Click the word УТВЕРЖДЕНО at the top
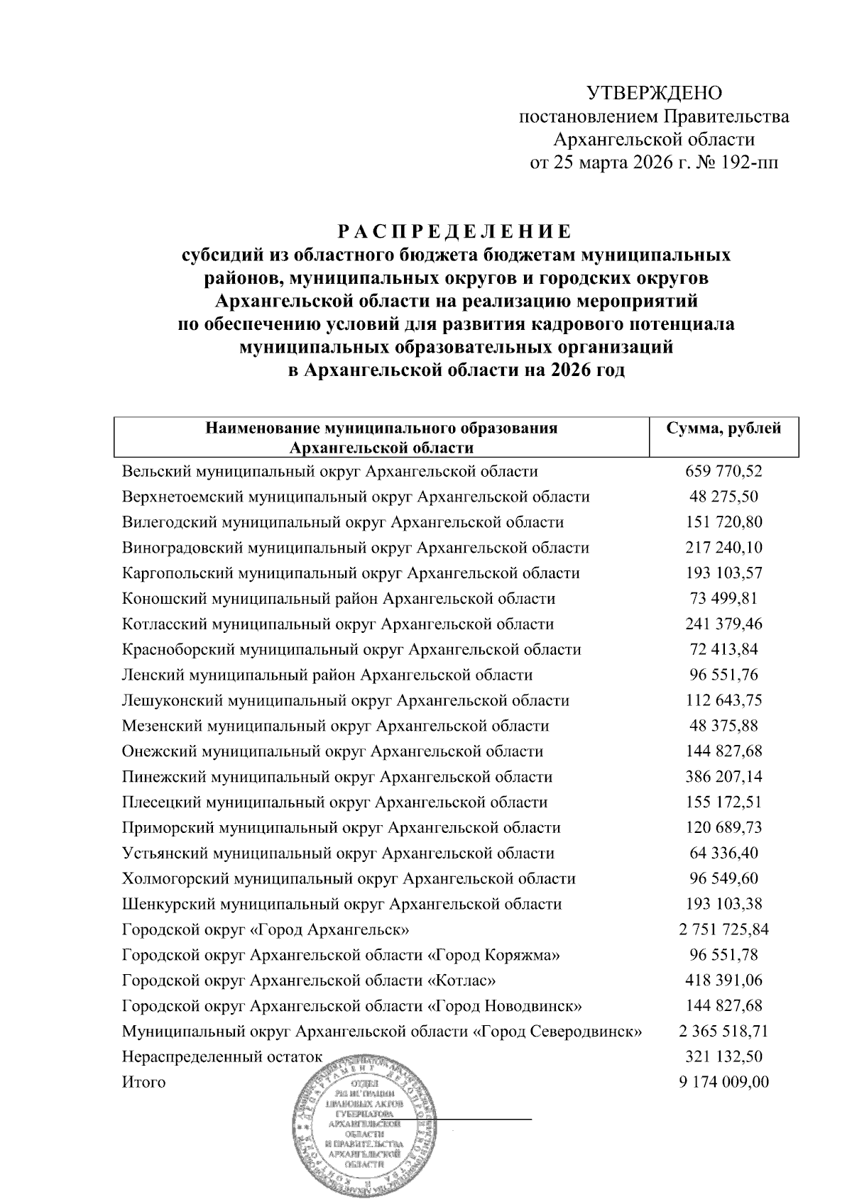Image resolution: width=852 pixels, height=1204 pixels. click(x=654, y=93)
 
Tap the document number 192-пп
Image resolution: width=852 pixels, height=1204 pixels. click(x=750, y=163)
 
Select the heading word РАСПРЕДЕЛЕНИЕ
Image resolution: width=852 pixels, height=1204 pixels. click(x=454, y=233)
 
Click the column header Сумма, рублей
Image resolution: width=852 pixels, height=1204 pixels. click(x=723, y=429)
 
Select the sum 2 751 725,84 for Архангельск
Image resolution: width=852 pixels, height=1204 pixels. click(x=723, y=930)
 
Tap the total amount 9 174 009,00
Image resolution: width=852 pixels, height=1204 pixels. click(x=723, y=1083)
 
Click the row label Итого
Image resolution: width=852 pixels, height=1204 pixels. click(x=143, y=1083)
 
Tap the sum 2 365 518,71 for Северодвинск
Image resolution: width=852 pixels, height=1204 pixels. click(x=723, y=1032)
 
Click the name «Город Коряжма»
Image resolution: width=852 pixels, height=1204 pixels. click(x=495, y=956)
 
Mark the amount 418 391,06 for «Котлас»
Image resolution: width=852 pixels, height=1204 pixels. click(x=723, y=981)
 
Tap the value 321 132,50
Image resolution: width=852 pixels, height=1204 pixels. click(x=723, y=1057)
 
